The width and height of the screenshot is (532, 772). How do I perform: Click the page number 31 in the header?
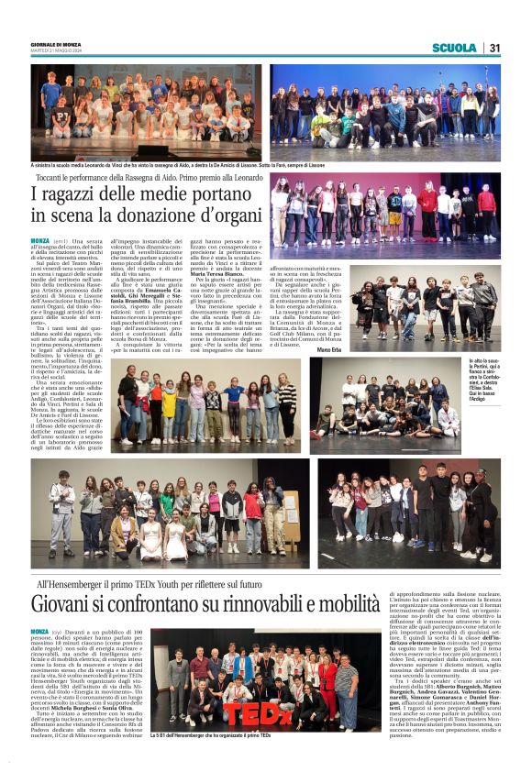[493, 48]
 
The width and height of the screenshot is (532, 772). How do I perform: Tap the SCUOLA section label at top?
[454, 48]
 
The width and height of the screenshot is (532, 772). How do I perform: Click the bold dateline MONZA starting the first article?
[40, 241]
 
